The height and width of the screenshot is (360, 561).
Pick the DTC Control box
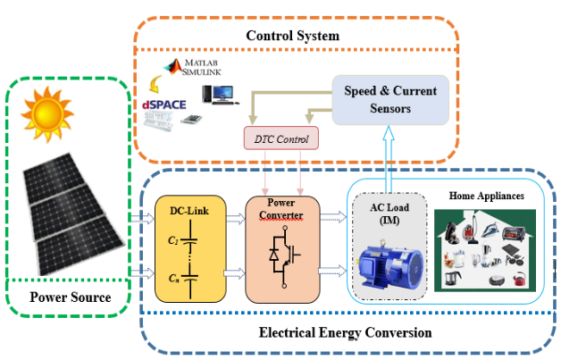[280, 138]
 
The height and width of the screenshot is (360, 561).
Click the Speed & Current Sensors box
[389, 100]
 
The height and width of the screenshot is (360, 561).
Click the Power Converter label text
[280, 208]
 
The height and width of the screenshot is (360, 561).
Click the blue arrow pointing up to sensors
[389, 157]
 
